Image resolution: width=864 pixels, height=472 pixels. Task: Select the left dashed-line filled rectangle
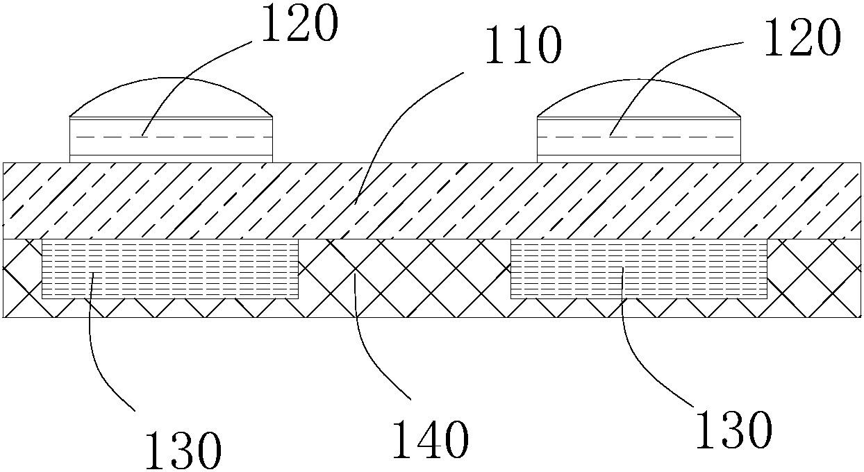(x=171, y=269)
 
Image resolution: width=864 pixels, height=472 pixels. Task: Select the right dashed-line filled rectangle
(x=639, y=269)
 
